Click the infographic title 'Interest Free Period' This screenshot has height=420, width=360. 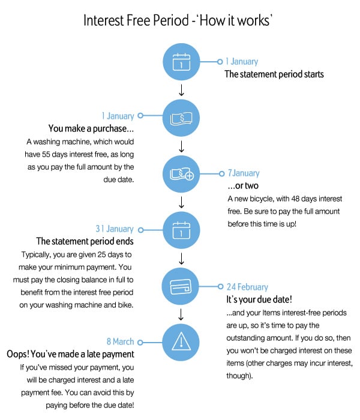tap(136, 20)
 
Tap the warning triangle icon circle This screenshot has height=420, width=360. tap(181, 342)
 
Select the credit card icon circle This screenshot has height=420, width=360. tap(181, 286)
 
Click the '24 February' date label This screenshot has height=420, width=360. tap(247, 287)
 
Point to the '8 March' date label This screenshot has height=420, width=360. tap(120, 341)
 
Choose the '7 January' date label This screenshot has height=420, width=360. tap(244, 173)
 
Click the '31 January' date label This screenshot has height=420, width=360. tap(115, 229)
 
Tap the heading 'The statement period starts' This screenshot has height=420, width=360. tap(274, 74)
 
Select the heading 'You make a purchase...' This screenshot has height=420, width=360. tap(91, 128)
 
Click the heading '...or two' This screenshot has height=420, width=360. tap(243, 185)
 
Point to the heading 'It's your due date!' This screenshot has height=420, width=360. tap(259, 299)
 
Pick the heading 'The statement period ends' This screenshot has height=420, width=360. tap(85, 241)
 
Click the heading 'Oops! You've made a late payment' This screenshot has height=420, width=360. tap(70, 354)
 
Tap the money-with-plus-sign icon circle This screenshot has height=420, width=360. tap(181, 174)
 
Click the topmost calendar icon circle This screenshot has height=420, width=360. tap(181, 62)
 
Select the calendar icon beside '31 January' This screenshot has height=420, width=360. tap(181, 230)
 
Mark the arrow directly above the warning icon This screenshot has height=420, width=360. tap(181, 314)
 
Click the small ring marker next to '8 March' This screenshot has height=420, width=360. tap(140, 343)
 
